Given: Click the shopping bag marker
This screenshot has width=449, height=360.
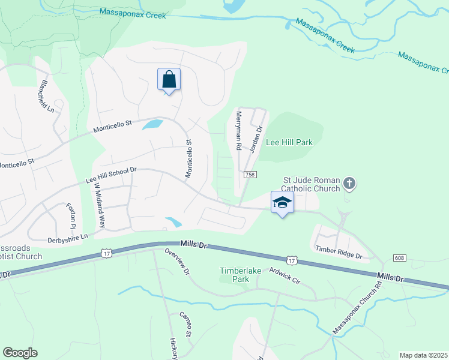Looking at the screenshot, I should (169, 79).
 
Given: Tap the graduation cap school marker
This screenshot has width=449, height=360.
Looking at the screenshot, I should (282, 203).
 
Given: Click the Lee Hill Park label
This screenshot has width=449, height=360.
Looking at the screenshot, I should (289, 143).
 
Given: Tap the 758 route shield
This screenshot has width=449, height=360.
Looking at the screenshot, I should (251, 175).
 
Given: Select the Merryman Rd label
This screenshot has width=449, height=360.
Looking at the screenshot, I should (238, 130).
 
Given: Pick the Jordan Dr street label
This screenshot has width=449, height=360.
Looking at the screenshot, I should (256, 139).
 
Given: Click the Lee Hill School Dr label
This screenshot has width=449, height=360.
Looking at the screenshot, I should (112, 175).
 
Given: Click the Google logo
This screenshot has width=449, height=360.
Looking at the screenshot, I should (20, 353).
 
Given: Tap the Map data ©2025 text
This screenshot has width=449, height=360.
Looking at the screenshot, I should (423, 355).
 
